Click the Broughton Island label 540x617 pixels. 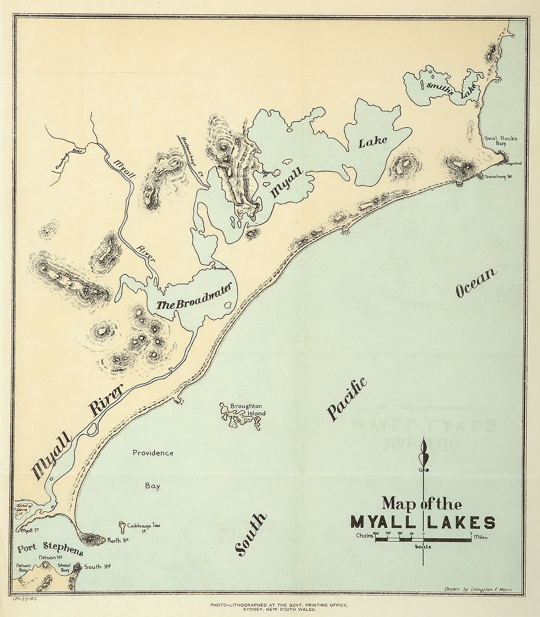pyautogui.click(x=247, y=409)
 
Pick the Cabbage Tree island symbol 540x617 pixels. pyautogui.click(x=123, y=526)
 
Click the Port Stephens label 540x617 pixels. pyautogui.click(x=50, y=549)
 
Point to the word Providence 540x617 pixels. pyautogui.click(x=153, y=453)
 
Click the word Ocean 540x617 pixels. pyautogui.click(x=476, y=283)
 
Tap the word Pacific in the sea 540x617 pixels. pyautogui.click(x=346, y=399)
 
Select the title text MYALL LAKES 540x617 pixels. pyautogui.click(x=423, y=522)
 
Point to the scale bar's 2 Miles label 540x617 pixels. pyautogui.click(x=479, y=537)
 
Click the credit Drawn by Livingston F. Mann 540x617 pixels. pyautogui.click(x=478, y=589)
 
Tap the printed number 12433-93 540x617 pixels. pyautogui.click(x=30, y=599)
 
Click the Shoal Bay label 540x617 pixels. pyautogui.click(x=64, y=568)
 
